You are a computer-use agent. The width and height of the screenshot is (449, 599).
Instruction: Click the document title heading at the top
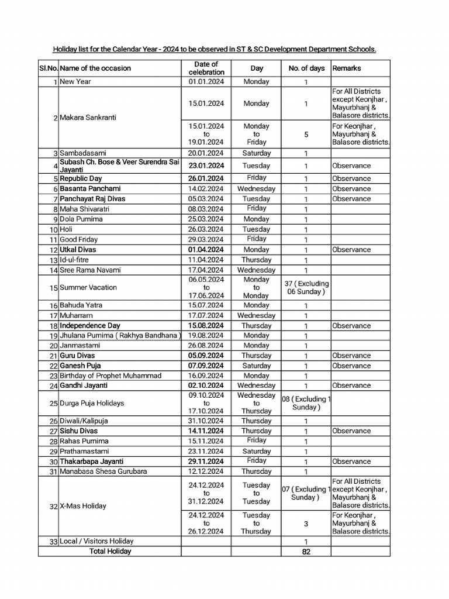tap(215, 50)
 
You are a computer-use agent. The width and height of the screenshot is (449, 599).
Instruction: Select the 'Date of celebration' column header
tap(206, 68)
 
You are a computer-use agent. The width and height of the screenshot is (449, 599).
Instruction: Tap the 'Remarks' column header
tap(347, 68)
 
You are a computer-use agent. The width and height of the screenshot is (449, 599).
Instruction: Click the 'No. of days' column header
tap(306, 68)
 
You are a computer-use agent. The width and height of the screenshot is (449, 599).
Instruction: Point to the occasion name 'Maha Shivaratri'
tap(84, 209)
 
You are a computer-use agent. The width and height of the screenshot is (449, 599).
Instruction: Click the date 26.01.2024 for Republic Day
tap(206, 178)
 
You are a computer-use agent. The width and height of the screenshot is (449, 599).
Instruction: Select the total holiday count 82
tap(306, 552)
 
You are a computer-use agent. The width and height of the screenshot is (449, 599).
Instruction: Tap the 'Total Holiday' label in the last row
tap(110, 551)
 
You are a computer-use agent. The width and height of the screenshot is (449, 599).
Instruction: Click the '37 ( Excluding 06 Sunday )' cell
tap(306, 287)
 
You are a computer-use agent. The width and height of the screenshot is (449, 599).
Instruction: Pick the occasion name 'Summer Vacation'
tap(88, 287)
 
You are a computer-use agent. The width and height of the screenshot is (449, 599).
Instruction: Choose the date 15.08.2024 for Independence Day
tap(206, 325)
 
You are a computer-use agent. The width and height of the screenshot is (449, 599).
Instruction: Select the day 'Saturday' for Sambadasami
tap(256, 153)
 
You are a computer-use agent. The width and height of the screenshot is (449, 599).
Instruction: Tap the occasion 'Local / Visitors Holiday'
tap(96, 541)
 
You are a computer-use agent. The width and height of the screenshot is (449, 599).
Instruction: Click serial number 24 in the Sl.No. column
tap(53, 386)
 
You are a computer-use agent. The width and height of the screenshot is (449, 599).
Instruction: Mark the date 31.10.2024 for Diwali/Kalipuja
tap(206, 421)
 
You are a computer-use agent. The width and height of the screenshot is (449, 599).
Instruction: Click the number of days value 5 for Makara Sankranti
tap(306, 134)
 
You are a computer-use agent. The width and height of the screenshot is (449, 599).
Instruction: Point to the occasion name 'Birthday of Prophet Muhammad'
tap(110, 376)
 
